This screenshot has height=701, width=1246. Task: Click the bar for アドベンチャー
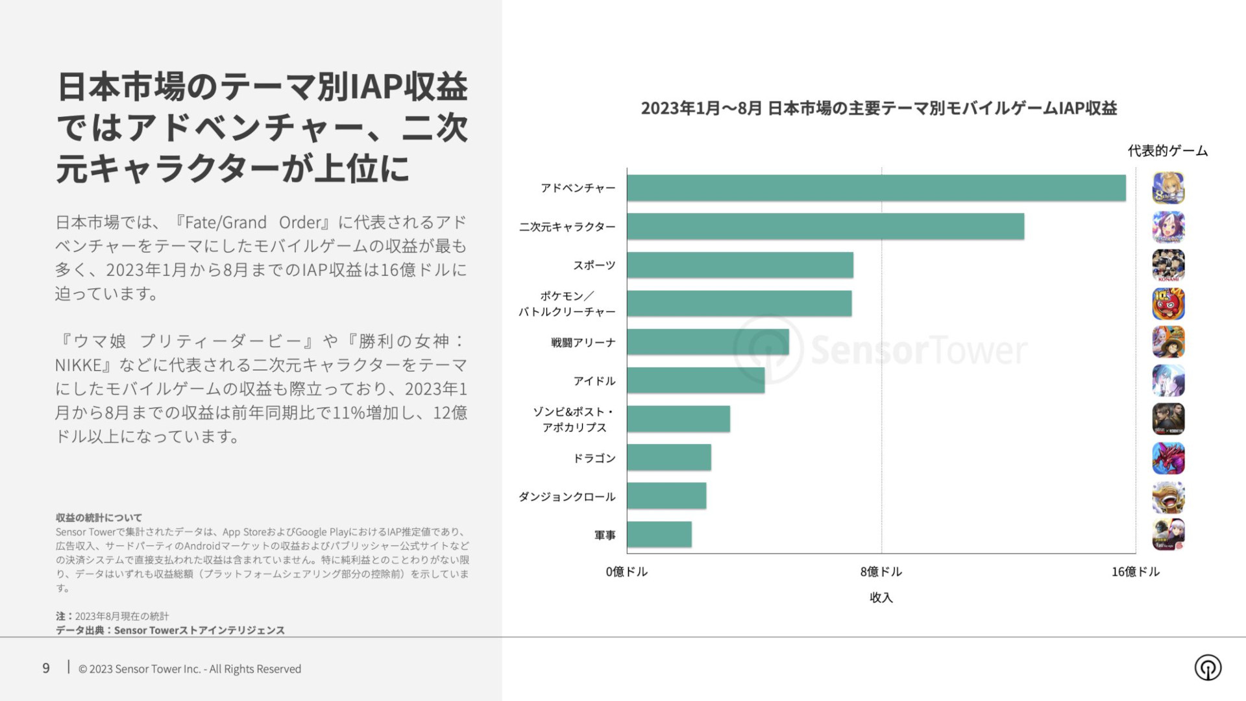(x=876, y=188)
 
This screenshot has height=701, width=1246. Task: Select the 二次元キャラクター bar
(x=825, y=227)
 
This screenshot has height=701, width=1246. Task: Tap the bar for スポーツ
(x=740, y=265)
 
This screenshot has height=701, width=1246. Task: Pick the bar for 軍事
(x=659, y=534)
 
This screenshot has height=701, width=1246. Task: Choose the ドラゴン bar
(x=669, y=458)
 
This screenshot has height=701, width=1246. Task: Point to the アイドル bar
(x=696, y=380)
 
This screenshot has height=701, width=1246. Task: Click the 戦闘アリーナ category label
(x=583, y=342)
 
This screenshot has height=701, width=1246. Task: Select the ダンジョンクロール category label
(x=567, y=497)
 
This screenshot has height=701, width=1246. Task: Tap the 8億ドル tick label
(x=881, y=572)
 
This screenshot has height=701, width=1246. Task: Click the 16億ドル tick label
(x=1135, y=572)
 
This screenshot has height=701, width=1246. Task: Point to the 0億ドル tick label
(x=626, y=572)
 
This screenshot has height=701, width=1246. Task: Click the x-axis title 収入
(x=881, y=597)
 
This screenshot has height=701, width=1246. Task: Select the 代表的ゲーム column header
(x=1167, y=151)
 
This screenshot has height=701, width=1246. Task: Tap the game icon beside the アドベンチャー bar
(x=1168, y=188)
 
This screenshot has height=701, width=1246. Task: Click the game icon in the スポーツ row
(x=1168, y=265)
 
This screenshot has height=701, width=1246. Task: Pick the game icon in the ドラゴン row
(x=1168, y=458)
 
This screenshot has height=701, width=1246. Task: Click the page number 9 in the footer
(x=46, y=669)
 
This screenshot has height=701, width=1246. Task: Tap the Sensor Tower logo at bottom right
(x=1208, y=667)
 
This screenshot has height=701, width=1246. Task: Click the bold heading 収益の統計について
(x=99, y=517)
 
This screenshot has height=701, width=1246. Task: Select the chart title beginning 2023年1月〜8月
(x=879, y=108)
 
